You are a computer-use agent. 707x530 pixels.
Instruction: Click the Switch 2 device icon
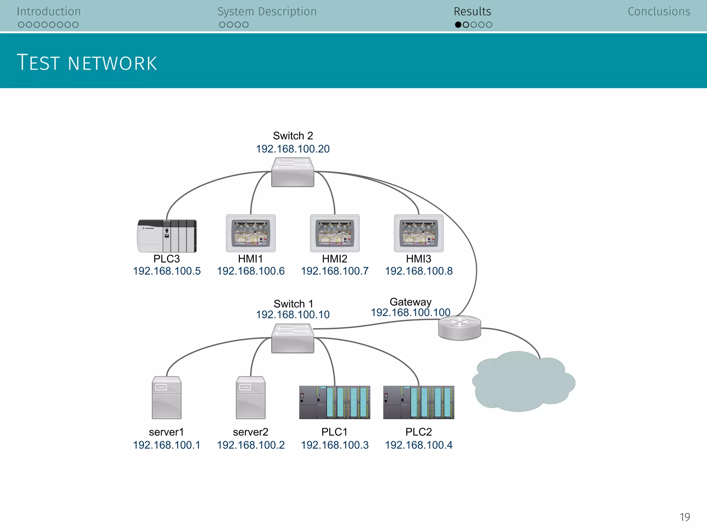tap(292, 172)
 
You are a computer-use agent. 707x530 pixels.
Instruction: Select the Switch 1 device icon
tap(292, 338)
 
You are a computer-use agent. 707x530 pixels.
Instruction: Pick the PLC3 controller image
tap(167, 236)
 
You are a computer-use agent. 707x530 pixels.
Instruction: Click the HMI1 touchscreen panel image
tap(251, 233)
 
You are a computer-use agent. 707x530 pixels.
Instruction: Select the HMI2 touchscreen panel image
tap(335, 233)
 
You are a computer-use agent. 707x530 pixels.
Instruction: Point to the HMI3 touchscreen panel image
tap(419, 233)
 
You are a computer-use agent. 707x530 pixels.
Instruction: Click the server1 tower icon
tap(167, 397)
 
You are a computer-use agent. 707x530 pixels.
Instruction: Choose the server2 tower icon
tap(251, 397)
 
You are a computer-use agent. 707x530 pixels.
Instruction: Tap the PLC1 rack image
tap(335, 402)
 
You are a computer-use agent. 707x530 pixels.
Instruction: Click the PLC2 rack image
tap(419, 402)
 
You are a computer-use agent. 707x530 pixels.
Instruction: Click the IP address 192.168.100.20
tap(293, 149)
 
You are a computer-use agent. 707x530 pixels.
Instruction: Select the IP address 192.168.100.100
tap(410, 313)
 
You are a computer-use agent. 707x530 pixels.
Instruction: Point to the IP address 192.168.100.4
tap(419, 445)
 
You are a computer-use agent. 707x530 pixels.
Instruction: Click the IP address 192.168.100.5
tap(167, 271)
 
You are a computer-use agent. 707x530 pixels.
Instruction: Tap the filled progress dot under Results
tap(458, 25)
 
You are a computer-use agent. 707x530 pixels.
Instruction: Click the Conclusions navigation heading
tap(659, 12)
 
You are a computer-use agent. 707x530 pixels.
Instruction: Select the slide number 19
tap(685, 517)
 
